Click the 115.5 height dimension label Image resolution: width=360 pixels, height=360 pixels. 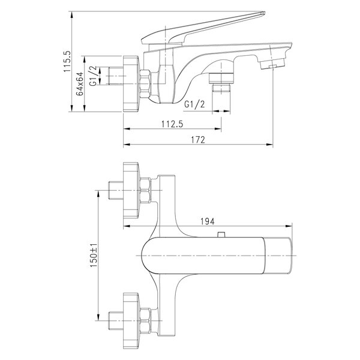coord(67,62)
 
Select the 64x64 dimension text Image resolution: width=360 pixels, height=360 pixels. coord(80,83)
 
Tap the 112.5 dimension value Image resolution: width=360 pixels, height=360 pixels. coord(172,124)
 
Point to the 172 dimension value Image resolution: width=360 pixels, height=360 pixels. coord(198,140)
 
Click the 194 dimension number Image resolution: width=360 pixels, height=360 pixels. coord(208,221)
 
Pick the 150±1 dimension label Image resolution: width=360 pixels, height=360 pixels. coord(94,255)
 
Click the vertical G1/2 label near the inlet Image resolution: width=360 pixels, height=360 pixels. coord(93,76)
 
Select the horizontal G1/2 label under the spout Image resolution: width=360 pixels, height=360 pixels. coord(194,104)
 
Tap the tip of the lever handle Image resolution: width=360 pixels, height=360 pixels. coord(264,13)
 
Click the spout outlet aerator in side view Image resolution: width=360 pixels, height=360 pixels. coord(272,64)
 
